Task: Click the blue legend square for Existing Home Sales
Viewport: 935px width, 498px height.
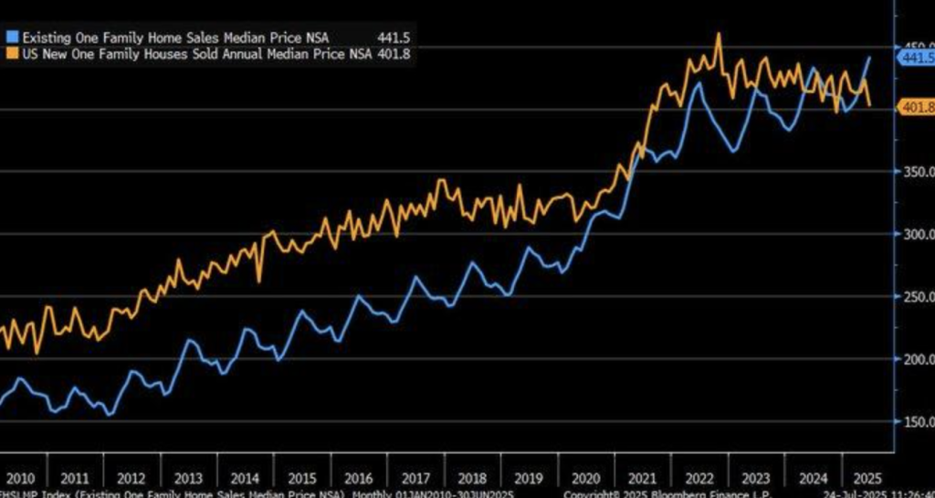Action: [x=10, y=36]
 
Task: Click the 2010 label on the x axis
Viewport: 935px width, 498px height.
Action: [x=21, y=478]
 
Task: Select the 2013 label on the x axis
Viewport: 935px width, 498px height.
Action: [x=188, y=478]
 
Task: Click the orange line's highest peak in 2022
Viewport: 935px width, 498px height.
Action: [x=719, y=34]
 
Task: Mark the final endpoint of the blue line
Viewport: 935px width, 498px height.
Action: [x=869, y=58]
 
